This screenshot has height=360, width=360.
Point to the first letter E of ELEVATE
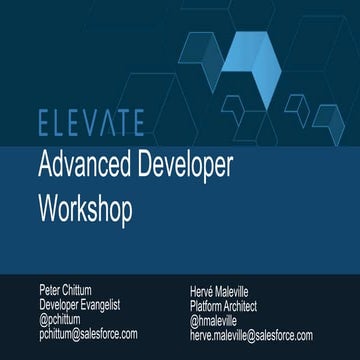(x=43, y=124)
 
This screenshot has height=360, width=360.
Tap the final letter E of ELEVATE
(x=136, y=124)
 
